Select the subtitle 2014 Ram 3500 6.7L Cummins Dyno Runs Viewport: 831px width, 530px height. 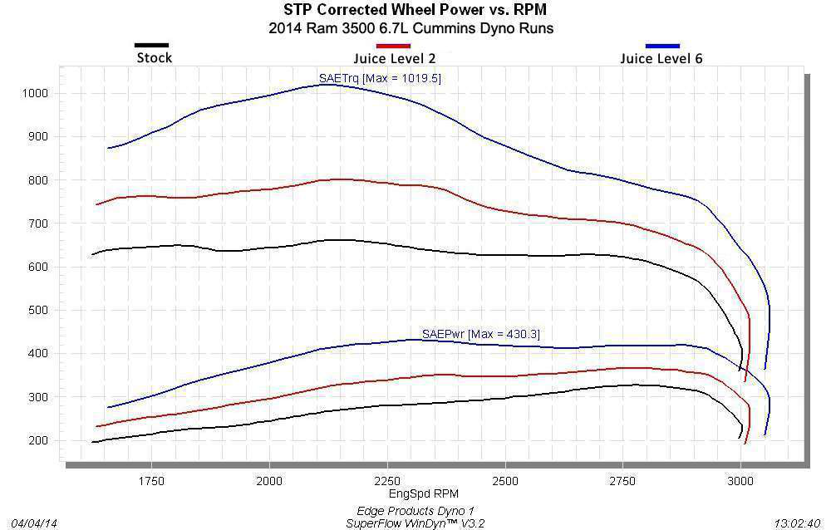point(411,28)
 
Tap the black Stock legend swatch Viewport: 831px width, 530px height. point(151,45)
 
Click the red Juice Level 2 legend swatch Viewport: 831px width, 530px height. point(393,45)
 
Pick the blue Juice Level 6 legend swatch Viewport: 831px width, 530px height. point(662,45)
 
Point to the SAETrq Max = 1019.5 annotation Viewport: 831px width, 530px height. point(380,78)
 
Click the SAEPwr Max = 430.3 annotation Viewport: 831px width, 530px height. point(481,334)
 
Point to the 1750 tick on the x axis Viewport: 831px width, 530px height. point(151,481)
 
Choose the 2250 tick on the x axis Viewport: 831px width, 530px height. point(387,481)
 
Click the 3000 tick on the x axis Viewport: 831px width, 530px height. point(740,481)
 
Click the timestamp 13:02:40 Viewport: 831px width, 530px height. point(796,523)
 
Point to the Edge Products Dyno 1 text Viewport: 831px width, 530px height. point(415,511)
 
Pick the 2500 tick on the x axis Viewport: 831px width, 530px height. point(505,481)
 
